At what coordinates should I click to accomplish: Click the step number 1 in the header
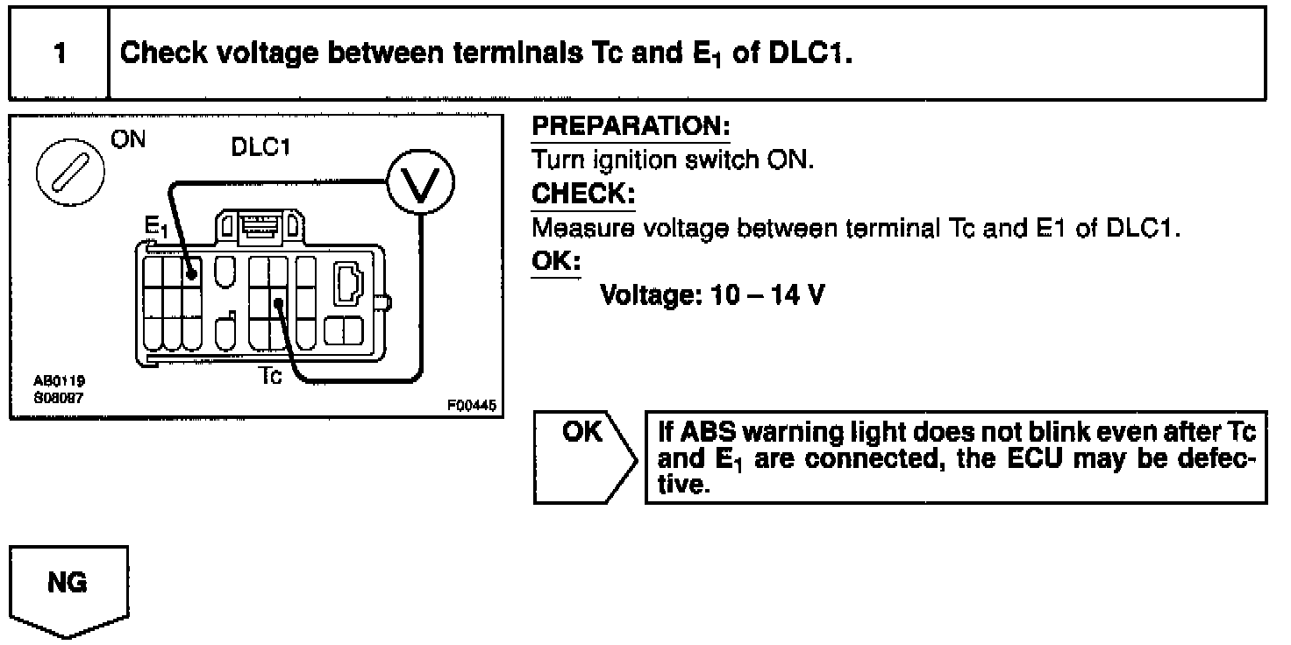[59, 53]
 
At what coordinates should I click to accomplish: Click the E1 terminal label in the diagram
[156, 229]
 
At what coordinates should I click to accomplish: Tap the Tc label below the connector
[271, 378]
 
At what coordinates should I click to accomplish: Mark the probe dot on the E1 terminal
[191, 274]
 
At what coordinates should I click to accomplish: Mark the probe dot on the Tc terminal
[277, 304]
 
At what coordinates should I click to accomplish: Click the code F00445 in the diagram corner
[471, 406]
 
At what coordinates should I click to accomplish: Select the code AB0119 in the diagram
[53, 382]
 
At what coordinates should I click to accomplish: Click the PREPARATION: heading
[631, 128]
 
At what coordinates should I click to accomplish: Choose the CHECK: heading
[583, 194]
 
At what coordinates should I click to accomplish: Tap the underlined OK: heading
[556, 262]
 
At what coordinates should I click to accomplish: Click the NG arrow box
[68, 589]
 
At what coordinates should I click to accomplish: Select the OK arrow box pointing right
[582, 456]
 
